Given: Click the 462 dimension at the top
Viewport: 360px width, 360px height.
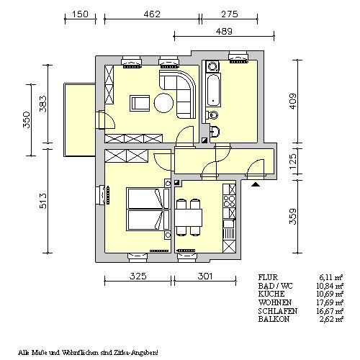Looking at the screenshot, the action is tap(152, 14).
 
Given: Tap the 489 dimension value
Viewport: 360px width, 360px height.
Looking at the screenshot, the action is tap(224, 32).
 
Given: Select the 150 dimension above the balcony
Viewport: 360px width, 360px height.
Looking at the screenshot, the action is tap(80, 14).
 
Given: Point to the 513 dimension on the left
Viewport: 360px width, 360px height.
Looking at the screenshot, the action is tap(43, 200).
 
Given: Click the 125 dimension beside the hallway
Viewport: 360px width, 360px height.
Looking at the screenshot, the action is tap(293, 161).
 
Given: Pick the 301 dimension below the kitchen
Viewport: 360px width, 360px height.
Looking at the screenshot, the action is tap(205, 276).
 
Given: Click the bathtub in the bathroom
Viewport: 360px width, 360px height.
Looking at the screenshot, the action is tap(213, 90).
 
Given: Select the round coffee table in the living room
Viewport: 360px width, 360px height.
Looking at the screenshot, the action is tap(163, 103).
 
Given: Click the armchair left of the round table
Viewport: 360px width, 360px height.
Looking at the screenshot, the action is tap(140, 103).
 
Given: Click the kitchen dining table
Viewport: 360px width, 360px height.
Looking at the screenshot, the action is tap(189, 217).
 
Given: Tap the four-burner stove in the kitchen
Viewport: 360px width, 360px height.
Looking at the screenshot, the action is tap(229, 201).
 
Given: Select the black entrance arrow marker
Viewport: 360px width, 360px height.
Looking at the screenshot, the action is tap(256, 184).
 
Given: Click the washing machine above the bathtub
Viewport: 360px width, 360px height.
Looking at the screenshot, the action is tap(213, 67).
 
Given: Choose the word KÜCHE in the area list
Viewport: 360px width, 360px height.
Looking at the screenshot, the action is tap(271, 294).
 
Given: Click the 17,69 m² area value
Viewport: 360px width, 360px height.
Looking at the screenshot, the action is tap(330, 302).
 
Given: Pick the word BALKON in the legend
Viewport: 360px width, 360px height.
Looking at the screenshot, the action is tap(274, 319).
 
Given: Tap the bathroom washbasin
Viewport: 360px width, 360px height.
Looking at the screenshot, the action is tap(215, 132).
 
